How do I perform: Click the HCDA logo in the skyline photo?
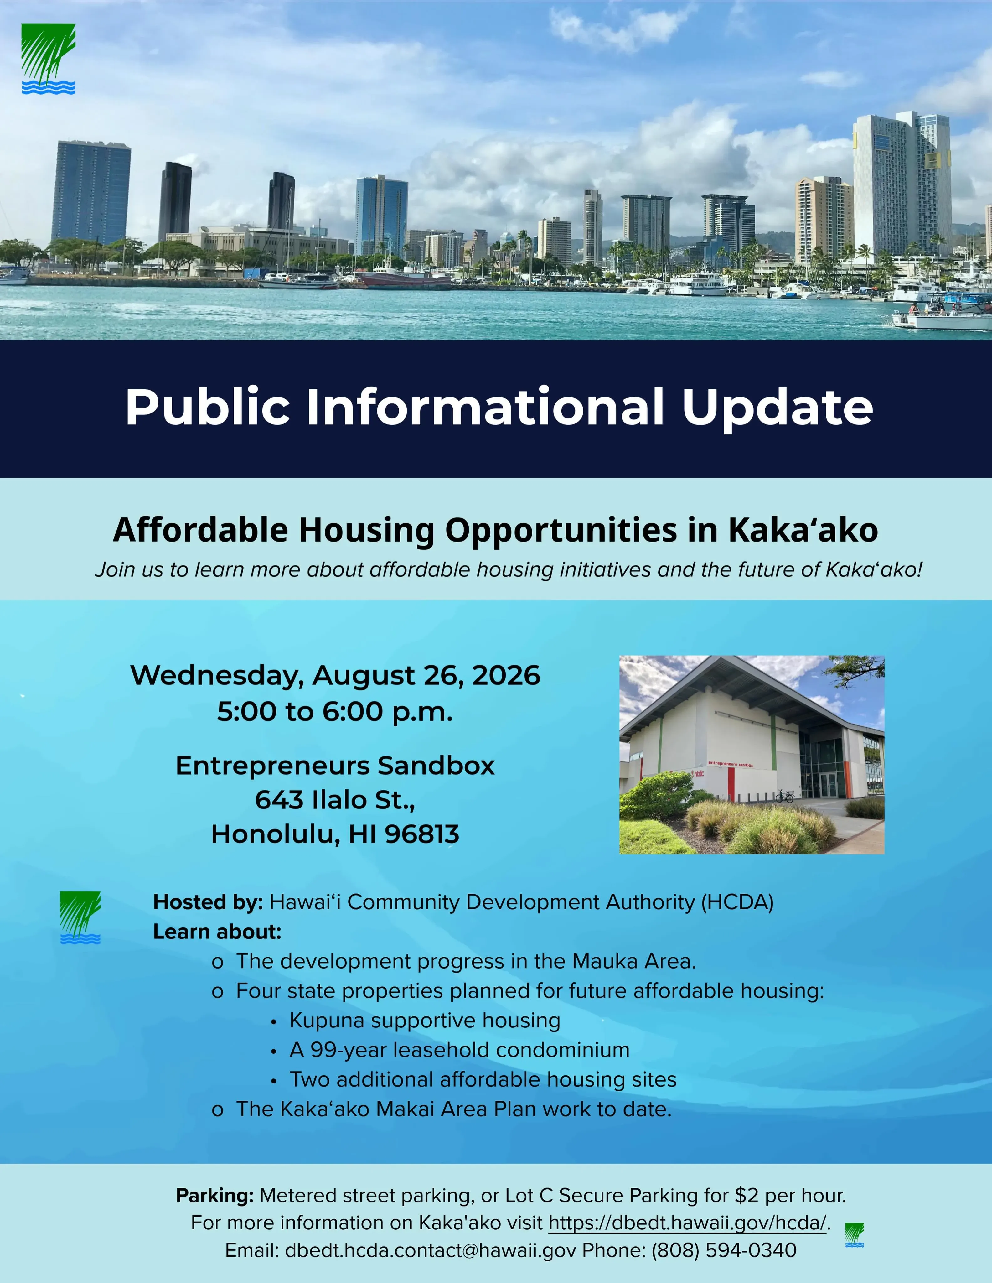(48, 59)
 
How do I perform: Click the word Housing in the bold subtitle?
(367, 531)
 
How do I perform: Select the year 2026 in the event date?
(506, 675)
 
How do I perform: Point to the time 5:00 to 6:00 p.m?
(335, 711)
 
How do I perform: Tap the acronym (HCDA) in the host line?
(738, 902)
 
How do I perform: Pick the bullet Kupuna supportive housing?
(425, 1021)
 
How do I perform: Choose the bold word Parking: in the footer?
(215, 1196)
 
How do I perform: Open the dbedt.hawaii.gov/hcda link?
(688, 1223)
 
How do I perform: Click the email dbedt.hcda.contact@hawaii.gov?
(431, 1250)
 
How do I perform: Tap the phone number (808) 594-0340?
(724, 1250)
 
